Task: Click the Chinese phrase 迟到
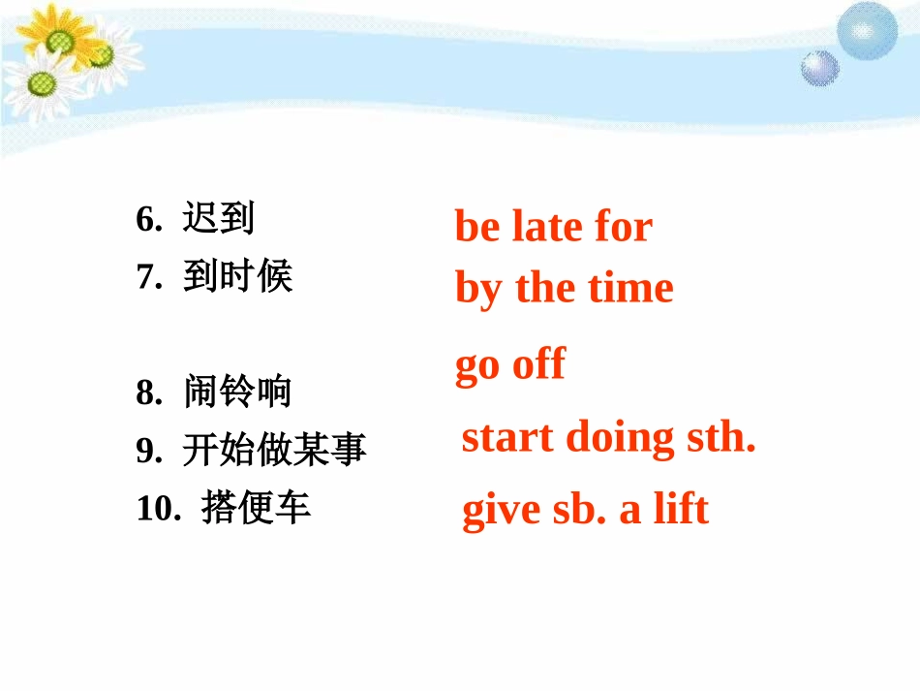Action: click(218, 220)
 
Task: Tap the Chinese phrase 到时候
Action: click(236, 278)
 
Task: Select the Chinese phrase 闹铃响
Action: click(236, 393)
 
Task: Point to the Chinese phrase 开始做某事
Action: click(274, 450)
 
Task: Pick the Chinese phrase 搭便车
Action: click(256, 508)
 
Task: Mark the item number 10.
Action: click(155, 509)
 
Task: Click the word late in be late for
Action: click(547, 227)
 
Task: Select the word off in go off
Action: click(538, 365)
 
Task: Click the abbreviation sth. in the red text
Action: click(721, 438)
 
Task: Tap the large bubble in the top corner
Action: click(867, 29)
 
